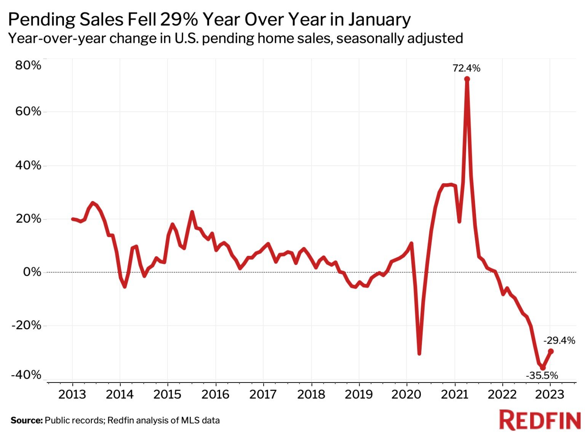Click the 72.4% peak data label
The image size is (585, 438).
pyautogui.click(x=466, y=68)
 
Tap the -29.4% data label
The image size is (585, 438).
pyautogui.click(x=559, y=340)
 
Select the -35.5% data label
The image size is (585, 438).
pyautogui.click(x=542, y=376)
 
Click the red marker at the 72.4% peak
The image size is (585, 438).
pyautogui.click(x=467, y=79)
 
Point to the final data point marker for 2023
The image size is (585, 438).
pyautogui.click(x=550, y=351)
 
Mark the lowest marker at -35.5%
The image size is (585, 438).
pyautogui.click(x=543, y=368)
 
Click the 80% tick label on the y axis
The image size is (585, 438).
pyautogui.click(x=28, y=65)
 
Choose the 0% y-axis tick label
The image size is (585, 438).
pyautogui.click(x=32, y=272)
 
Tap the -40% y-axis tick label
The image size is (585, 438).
pyautogui.click(x=26, y=375)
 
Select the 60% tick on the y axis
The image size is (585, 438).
pyautogui.click(x=28, y=111)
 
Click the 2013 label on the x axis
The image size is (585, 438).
pyautogui.click(x=72, y=394)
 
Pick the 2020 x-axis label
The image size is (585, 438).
pyautogui.click(x=406, y=394)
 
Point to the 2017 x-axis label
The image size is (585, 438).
pyautogui.click(x=263, y=394)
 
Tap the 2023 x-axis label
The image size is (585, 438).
pyautogui.click(x=550, y=394)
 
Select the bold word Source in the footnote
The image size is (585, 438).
pyautogui.click(x=26, y=421)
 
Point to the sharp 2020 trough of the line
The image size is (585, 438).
pyautogui.click(x=419, y=353)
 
